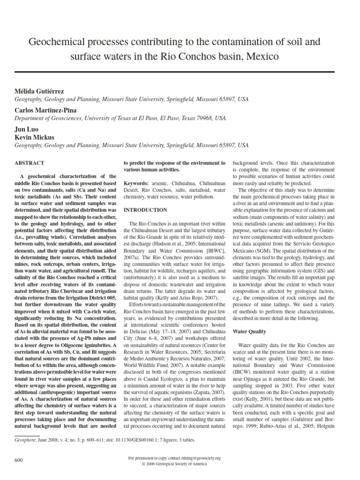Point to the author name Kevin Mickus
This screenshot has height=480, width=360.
36,138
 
